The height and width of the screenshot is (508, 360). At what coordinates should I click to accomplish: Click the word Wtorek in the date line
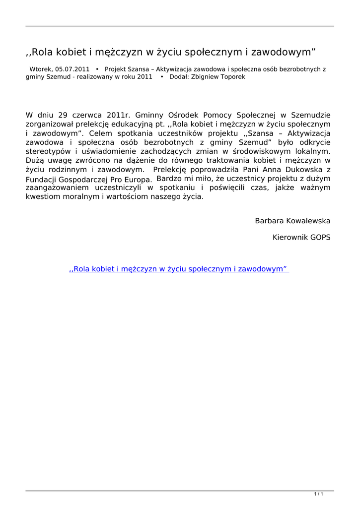(41, 69)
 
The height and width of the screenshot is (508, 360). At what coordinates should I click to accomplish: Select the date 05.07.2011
(72, 69)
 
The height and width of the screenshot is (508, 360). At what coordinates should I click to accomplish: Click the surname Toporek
(233, 77)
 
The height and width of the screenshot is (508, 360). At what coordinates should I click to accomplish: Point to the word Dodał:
(179, 77)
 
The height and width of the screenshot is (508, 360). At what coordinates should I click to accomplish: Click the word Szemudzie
(309, 115)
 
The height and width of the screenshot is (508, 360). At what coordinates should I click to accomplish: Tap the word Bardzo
(168, 178)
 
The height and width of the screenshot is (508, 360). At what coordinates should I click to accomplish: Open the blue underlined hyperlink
(179, 269)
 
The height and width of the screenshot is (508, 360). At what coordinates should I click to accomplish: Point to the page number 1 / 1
(319, 494)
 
